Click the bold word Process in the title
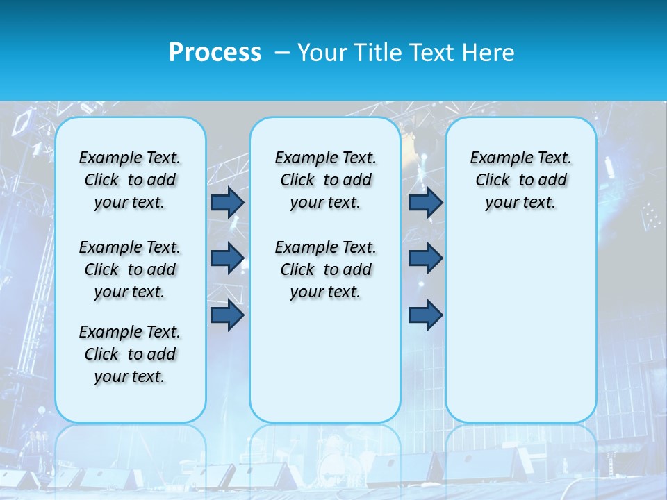(215, 53)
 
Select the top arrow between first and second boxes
(227, 202)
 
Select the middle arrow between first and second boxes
(227, 258)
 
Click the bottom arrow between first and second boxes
(227, 315)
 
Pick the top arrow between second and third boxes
(425, 202)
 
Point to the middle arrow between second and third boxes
(425, 258)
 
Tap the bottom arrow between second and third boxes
(425, 315)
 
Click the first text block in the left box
(130, 180)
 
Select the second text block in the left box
(130, 269)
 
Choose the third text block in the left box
(130, 354)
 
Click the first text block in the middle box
(325, 180)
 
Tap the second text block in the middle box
(325, 269)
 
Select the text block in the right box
(521, 180)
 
